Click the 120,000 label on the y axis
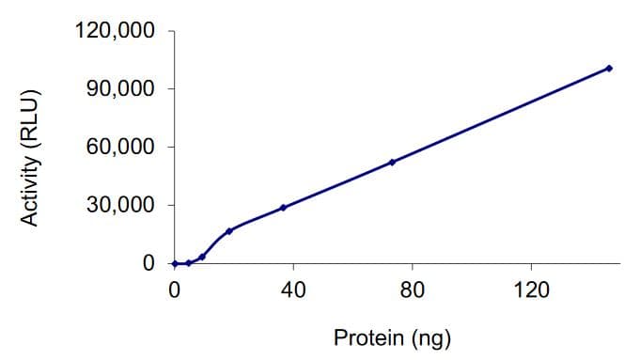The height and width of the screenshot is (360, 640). [x=115, y=32]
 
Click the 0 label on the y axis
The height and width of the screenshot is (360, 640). [x=148, y=264]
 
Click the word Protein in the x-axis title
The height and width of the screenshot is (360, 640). [x=368, y=337]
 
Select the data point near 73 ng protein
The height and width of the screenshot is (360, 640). [x=392, y=162]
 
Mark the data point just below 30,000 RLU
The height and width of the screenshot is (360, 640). [x=283, y=208]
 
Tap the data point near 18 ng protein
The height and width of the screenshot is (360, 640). [x=228, y=231]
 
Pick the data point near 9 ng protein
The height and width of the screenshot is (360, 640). [x=202, y=257]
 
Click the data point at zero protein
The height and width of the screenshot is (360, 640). [x=175, y=264]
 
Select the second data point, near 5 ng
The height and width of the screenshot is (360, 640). [x=189, y=263]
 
